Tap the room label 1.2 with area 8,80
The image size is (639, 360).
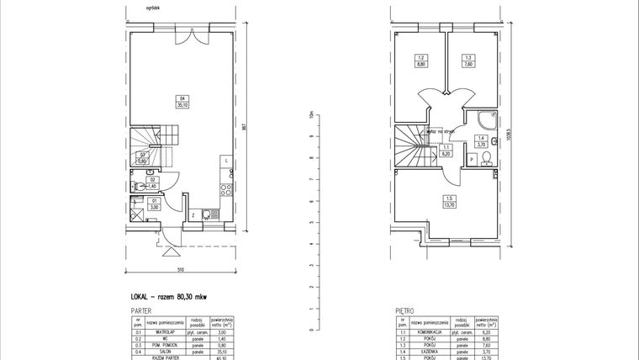419,61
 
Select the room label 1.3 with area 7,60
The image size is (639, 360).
467,61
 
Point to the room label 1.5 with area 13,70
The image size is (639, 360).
450,202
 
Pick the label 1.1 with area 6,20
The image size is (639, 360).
446,151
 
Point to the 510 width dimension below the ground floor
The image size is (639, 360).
180,269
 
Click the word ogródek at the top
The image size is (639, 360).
152,7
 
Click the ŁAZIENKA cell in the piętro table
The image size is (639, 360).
433,351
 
